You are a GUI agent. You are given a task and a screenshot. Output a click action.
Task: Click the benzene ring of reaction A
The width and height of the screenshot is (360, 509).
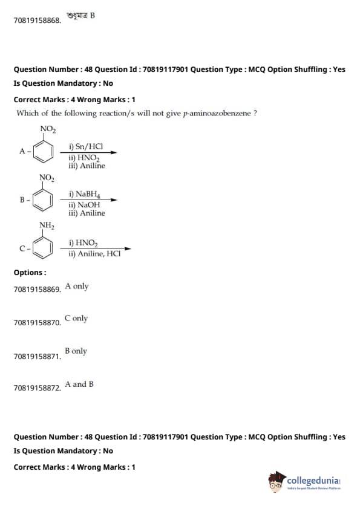pyautogui.click(x=34, y=152)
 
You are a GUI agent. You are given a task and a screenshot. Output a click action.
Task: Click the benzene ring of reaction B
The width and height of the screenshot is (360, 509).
pyautogui.click(x=34, y=200)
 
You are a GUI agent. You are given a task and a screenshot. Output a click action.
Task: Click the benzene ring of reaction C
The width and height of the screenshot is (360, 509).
pyautogui.click(x=34, y=248)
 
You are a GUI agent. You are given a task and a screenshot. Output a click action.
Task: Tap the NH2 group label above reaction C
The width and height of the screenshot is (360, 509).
pyautogui.click(x=47, y=225)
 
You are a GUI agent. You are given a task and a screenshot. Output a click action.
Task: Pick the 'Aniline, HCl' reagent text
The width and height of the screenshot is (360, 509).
pyautogui.click(x=99, y=253)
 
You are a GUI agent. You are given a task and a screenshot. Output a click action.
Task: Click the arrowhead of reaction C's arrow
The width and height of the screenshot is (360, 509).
pyautogui.click(x=128, y=248)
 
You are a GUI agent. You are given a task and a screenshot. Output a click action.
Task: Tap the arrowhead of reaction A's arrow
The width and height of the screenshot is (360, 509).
pyautogui.click(x=113, y=152)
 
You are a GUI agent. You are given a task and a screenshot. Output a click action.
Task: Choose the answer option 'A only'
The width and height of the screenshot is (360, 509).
pyautogui.click(x=77, y=287)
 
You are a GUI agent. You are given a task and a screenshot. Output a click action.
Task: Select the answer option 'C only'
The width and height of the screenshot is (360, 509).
pyautogui.click(x=76, y=319)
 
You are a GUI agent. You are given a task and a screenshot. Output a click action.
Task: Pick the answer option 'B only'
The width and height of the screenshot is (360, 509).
pyautogui.click(x=76, y=351)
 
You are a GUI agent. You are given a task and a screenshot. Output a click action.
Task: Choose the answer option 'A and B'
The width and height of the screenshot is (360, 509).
pyautogui.click(x=79, y=384)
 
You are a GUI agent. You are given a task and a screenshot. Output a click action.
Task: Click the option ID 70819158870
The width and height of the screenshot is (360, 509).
pyautogui.click(x=38, y=323)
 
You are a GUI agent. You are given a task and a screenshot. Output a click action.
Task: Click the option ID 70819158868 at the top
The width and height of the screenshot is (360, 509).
pyautogui.click(x=38, y=21)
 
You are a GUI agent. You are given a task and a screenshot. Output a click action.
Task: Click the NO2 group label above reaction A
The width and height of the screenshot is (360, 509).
pyautogui.click(x=48, y=129)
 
